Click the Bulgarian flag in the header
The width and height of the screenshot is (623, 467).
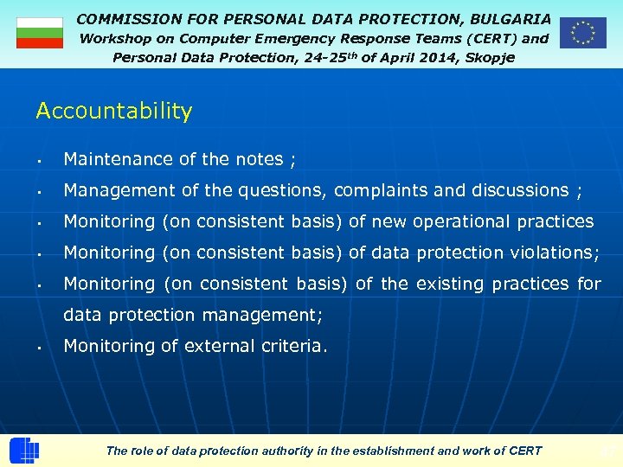(x=40, y=33)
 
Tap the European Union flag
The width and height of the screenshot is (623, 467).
(x=582, y=33)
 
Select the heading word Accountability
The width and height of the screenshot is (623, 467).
(x=113, y=112)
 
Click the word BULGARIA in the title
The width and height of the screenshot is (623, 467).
(x=511, y=18)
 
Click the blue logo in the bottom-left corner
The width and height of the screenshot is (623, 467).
(x=24, y=451)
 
